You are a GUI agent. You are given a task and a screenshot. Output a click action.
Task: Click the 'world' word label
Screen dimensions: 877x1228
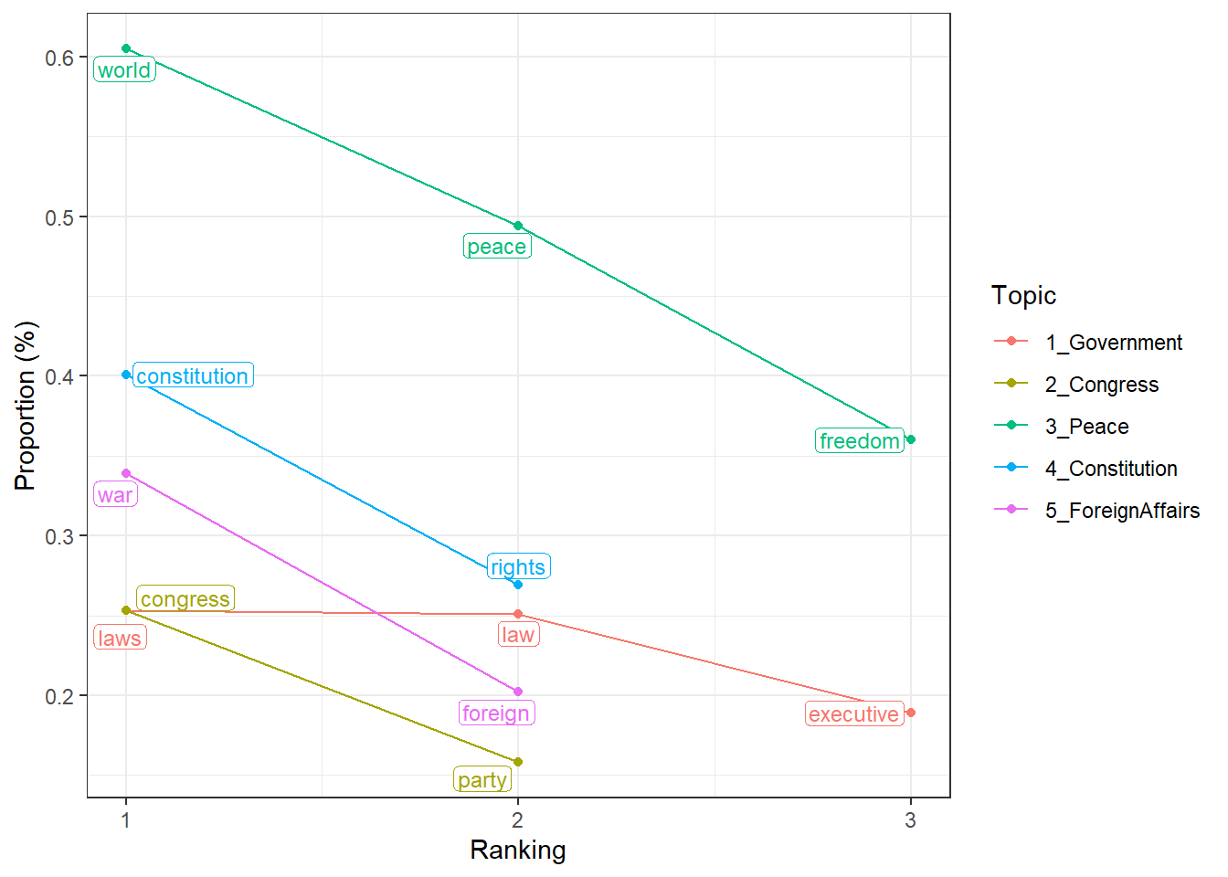tap(124, 70)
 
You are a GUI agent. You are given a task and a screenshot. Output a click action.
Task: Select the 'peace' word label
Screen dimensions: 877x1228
tap(497, 247)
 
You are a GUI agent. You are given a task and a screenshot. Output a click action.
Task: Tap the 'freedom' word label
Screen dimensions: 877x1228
tap(860, 441)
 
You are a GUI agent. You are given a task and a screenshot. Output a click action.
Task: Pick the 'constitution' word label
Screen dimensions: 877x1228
tap(193, 375)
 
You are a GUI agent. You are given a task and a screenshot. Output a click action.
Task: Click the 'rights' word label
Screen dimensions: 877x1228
tap(518, 567)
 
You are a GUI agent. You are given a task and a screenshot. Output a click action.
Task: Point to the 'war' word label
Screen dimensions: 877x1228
tap(115, 495)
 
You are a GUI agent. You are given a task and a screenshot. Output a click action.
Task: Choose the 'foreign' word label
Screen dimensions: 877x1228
tap(496, 713)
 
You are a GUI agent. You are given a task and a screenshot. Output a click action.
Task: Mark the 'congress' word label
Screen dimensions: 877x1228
tap(185, 599)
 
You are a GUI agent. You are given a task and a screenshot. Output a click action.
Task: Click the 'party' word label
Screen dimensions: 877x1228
tap(482, 780)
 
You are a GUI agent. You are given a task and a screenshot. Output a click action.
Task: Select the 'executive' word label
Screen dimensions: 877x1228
tap(854, 714)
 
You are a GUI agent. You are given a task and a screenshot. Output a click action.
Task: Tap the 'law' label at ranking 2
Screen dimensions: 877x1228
tap(518, 635)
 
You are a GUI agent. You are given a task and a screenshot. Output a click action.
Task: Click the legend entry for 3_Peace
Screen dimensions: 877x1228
tap(1086, 427)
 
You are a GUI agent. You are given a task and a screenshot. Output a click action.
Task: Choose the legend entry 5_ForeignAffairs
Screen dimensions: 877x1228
tap(1122, 511)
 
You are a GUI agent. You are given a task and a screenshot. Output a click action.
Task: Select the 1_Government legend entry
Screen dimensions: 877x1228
tap(1113, 343)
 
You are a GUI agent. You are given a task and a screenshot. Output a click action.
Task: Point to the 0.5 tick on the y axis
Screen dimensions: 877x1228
tap(60, 217)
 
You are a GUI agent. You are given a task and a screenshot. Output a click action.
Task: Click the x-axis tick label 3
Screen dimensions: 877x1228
tap(910, 820)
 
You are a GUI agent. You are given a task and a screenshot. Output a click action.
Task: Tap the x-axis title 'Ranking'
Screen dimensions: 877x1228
tap(518, 851)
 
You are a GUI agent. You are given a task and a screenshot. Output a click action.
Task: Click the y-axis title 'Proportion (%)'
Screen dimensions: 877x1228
tap(26, 406)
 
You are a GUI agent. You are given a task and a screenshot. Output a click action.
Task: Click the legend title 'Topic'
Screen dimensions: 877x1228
tap(1023, 296)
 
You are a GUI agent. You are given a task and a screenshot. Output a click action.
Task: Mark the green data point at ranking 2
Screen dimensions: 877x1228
tap(518, 226)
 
